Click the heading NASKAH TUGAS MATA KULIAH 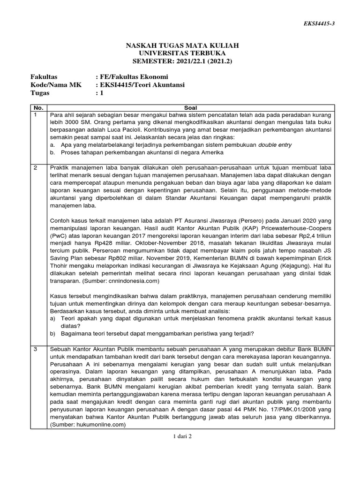pos(182,45)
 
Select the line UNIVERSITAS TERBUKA pos(182,53)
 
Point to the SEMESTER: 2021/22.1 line pos(182,61)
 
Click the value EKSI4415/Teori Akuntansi pos(140,85)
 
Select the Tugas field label pos(40,93)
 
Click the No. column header pos(38,107)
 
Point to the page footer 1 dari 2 pos(182,436)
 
